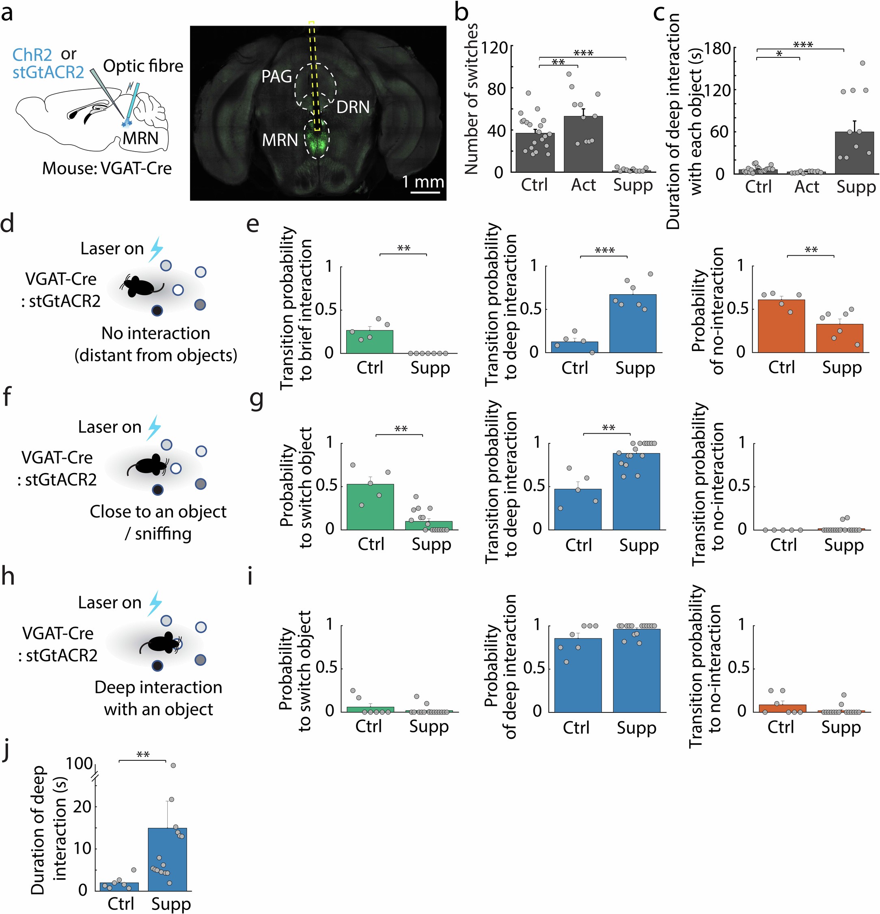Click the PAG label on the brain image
coord(276,76)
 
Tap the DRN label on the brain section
coord(353,107)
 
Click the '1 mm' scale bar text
coord(423,181)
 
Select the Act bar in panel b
coord(583,144)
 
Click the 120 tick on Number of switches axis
coord(493,48)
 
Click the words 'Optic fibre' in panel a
coord(143,66)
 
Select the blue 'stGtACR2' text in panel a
coord(48,72)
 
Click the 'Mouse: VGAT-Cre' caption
coord(107,168)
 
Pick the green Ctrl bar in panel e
coord(369,341)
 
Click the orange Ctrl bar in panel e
coord(781,326)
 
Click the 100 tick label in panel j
coord(79,764)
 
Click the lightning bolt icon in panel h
coord(155,603)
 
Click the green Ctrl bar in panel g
coord(370,507)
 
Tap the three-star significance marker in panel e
coord(604,251)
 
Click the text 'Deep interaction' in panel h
coord(158,687)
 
